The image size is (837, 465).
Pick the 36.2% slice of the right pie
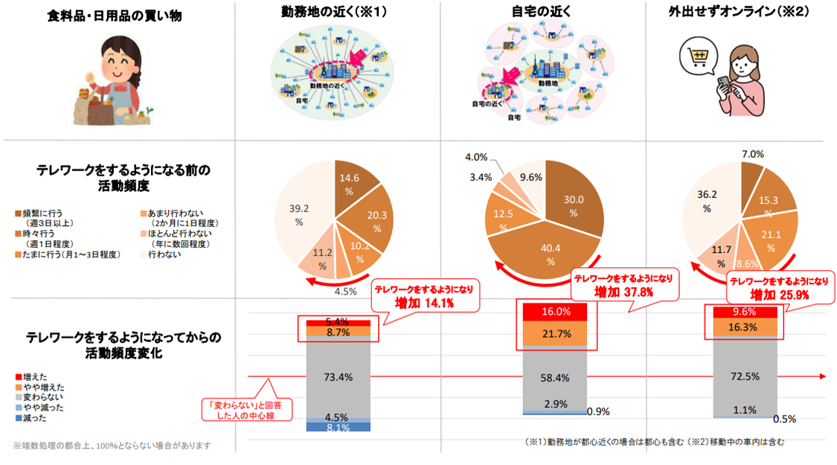pos(707,205)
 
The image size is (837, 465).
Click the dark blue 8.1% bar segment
pos(338,427)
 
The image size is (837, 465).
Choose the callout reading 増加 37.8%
pos(623,285)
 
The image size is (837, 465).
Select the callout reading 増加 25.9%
pos(778,287)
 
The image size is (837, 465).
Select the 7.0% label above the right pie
pos(753,154)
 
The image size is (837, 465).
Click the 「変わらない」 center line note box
pos(246,410)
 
